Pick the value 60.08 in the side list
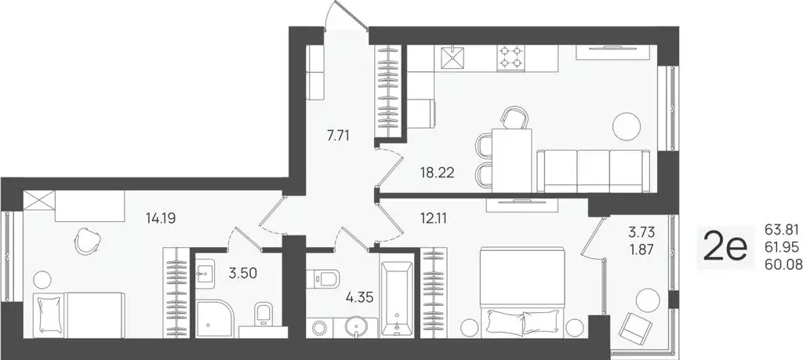(781, 264)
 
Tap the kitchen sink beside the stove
(452, 56)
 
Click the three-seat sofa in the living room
(593, 170)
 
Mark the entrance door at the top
(347, 17)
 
